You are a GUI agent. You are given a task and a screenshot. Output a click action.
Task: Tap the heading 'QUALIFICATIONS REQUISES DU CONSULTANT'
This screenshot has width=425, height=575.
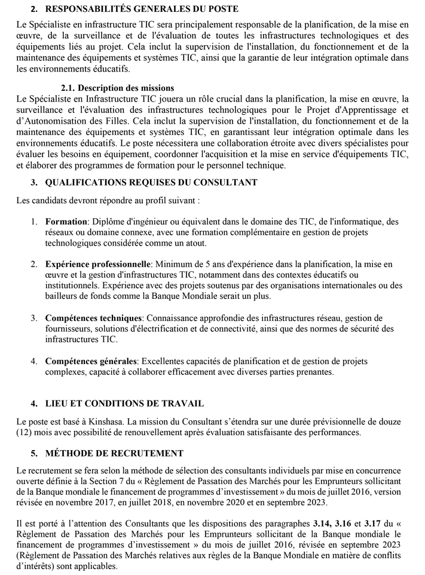(151, 182)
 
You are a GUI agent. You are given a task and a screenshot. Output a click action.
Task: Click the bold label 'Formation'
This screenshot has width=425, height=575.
(67, 221)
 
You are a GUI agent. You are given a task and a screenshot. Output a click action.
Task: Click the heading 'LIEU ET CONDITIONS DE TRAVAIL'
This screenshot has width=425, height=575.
(124, 403)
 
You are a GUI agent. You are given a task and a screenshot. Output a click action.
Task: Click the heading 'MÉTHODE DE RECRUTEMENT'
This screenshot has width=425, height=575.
(114, 452)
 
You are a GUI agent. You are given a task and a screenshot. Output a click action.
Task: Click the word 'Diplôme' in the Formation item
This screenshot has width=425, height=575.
(108, 221)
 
